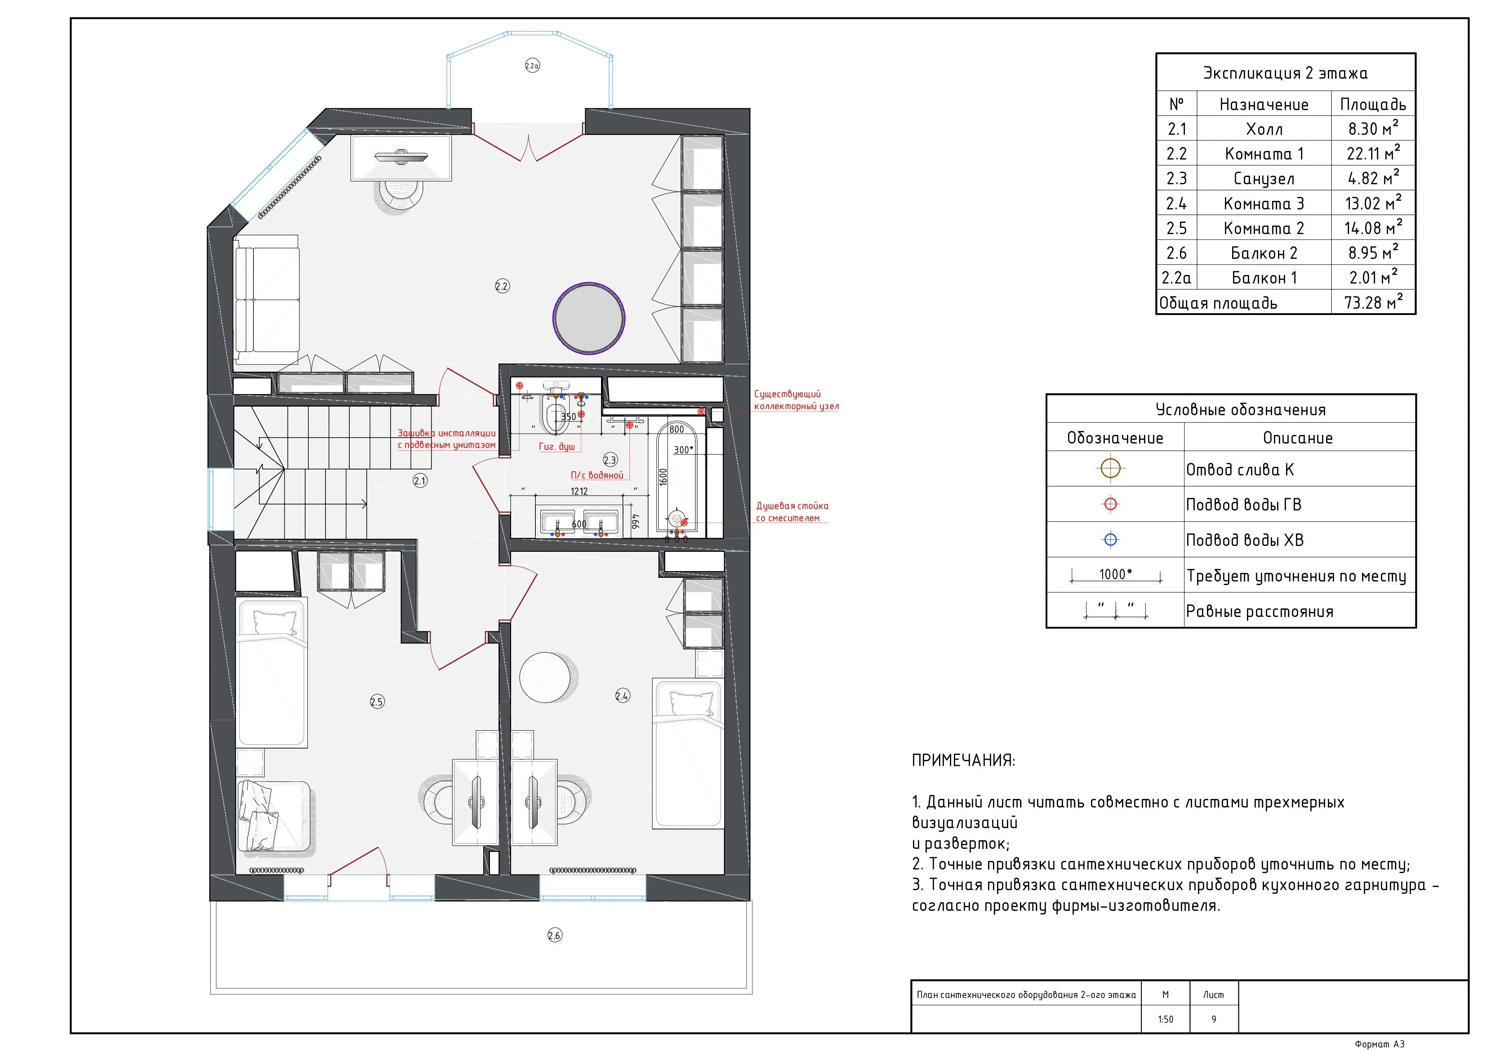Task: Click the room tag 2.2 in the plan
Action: (x=502, y=286)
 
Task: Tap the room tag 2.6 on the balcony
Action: (x=554, y=935)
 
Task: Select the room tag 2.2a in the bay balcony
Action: (x=532, y=66)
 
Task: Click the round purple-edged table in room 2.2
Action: (x=589, y=318)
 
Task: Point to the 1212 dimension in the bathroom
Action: (x=579, y=491)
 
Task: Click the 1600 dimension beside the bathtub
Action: (x=663, y=477)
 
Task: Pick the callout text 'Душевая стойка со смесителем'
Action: (x=792, y=512)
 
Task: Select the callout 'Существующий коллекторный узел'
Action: (x=797, y=399)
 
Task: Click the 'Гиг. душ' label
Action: (x=557, y=446)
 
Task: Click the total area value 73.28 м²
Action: (x=1373, y=302)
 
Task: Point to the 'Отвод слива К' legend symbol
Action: (x=1111, y=468)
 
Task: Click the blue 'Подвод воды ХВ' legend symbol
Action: (x=1111, y=539)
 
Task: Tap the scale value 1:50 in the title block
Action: (x=1165, y=1019)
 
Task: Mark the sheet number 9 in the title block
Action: (x=1214, y=1019)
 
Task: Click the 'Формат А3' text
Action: (x=1380, y=1044)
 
